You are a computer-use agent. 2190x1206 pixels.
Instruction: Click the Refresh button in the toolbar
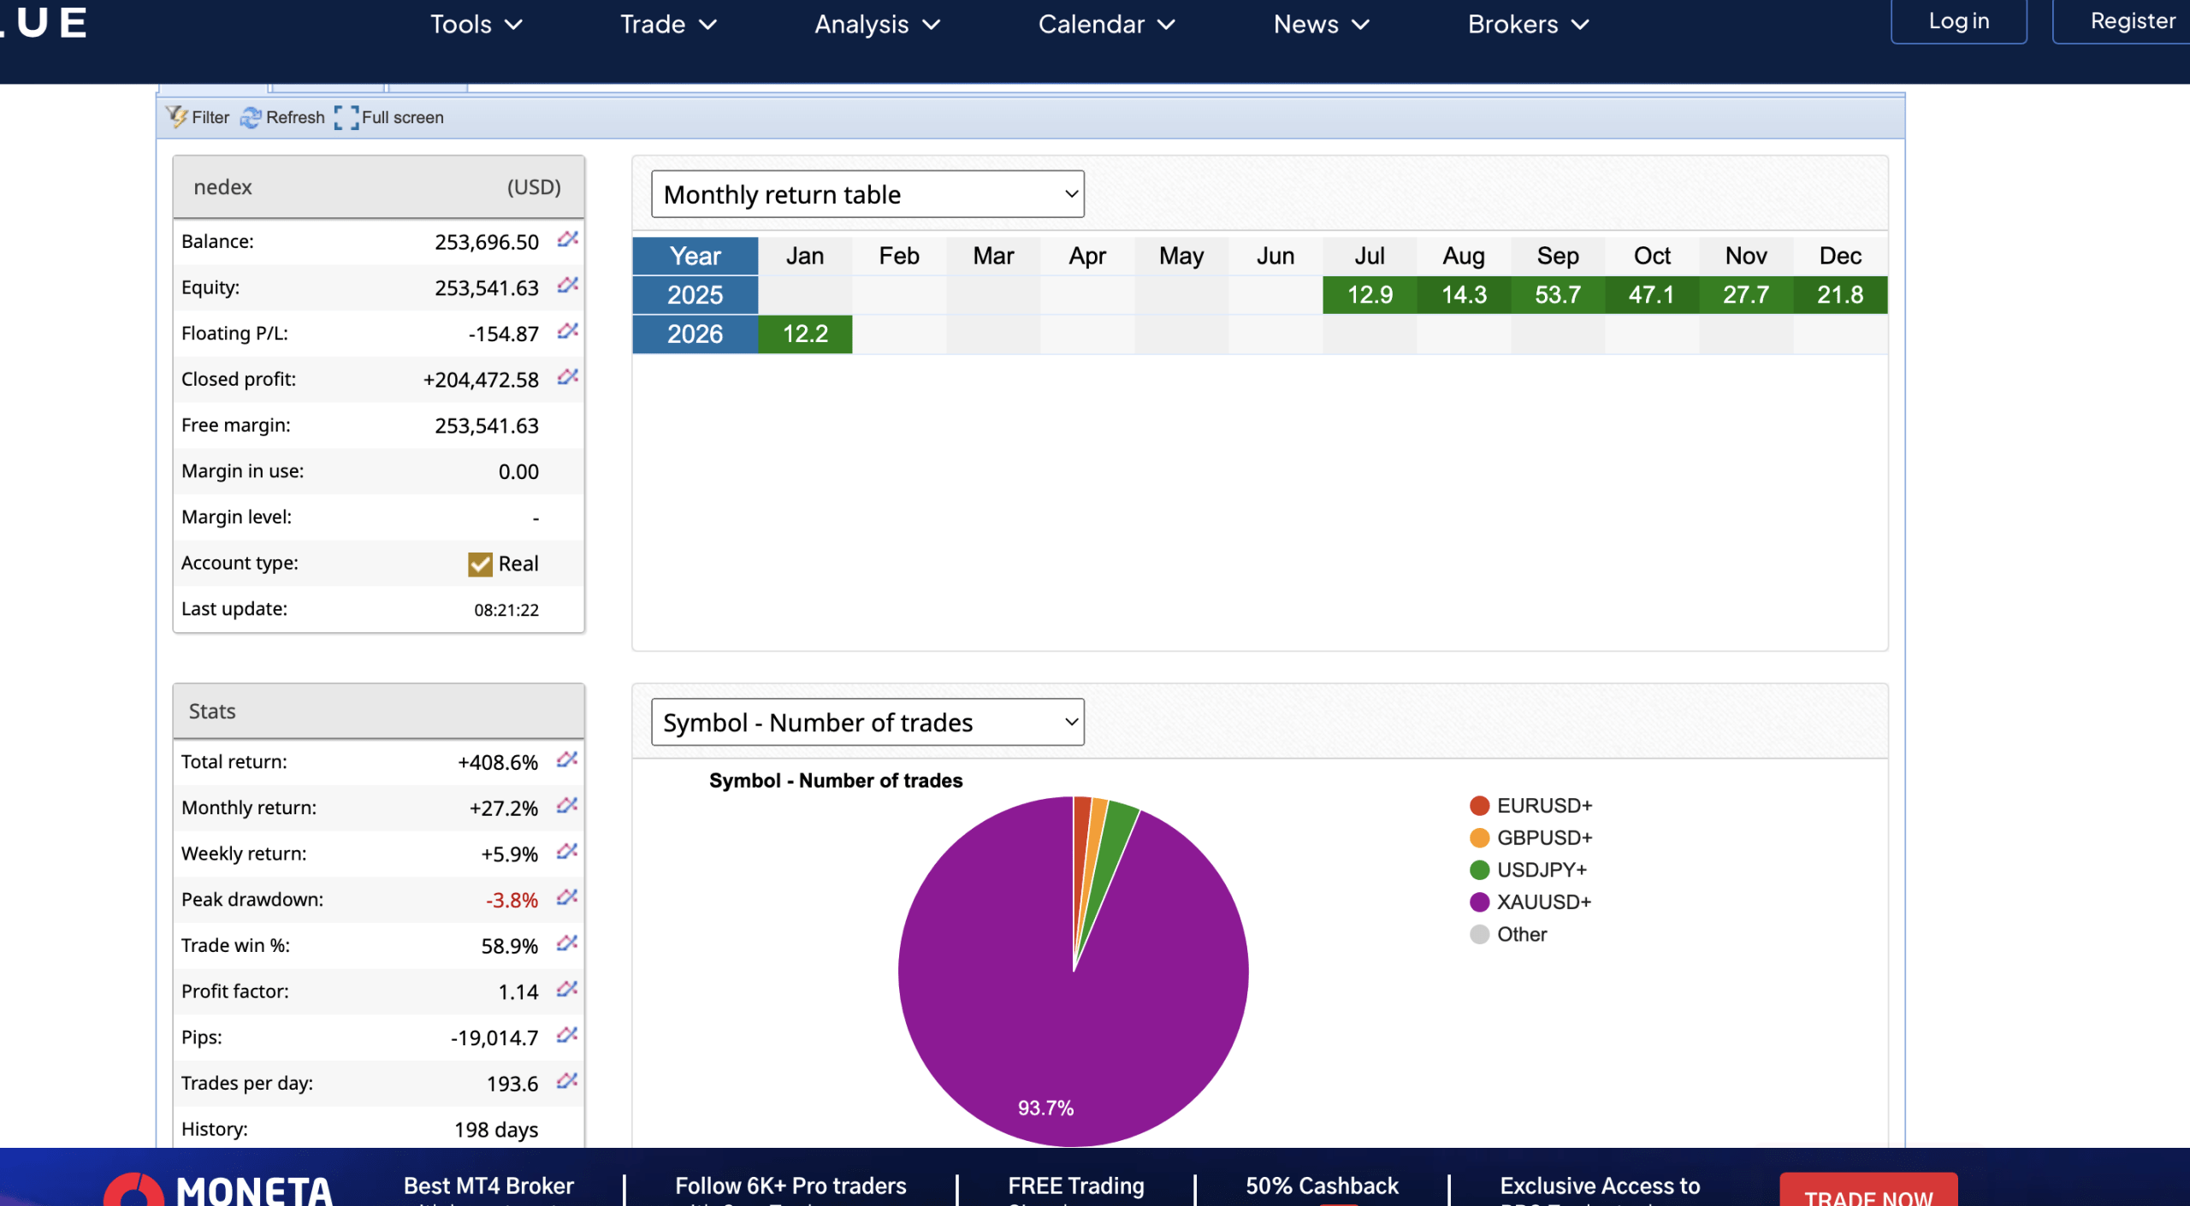tap(283, 117)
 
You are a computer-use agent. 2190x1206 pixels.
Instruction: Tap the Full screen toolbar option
tap(389, 117)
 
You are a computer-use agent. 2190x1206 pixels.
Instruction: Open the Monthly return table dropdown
tap(867, 194)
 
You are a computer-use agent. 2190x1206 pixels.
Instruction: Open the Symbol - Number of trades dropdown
tap(867, 723)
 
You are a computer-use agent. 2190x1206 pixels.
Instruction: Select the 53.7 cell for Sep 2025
tap(1557, 295)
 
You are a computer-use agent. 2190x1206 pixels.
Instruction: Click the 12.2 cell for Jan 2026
tap(805, 334)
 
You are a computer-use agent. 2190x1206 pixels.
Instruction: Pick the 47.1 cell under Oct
tap(1651, 295)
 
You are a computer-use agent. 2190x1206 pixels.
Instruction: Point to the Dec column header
tap(1840, 256)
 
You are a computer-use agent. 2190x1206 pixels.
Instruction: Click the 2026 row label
tap(695, 334)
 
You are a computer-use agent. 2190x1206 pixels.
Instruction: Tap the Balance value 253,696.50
tap(486, 242)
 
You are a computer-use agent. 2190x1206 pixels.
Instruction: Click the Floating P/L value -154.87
tap(503, 334)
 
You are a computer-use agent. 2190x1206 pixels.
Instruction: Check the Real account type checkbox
tap(480, 564)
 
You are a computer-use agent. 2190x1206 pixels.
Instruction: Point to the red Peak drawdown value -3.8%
tap(512, 900)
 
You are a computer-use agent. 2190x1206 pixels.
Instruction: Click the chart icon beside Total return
tap(567, 760)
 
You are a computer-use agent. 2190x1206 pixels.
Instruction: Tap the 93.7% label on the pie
tap(1045, 1108)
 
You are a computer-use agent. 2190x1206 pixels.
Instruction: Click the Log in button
tap(1958, 21)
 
